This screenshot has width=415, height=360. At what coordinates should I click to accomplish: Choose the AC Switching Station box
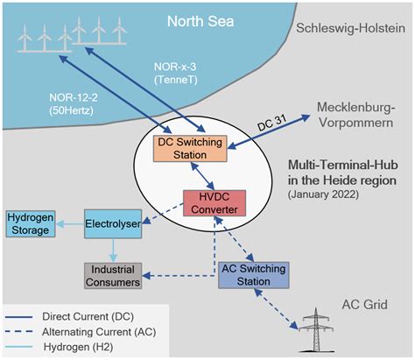tap(248, 277)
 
